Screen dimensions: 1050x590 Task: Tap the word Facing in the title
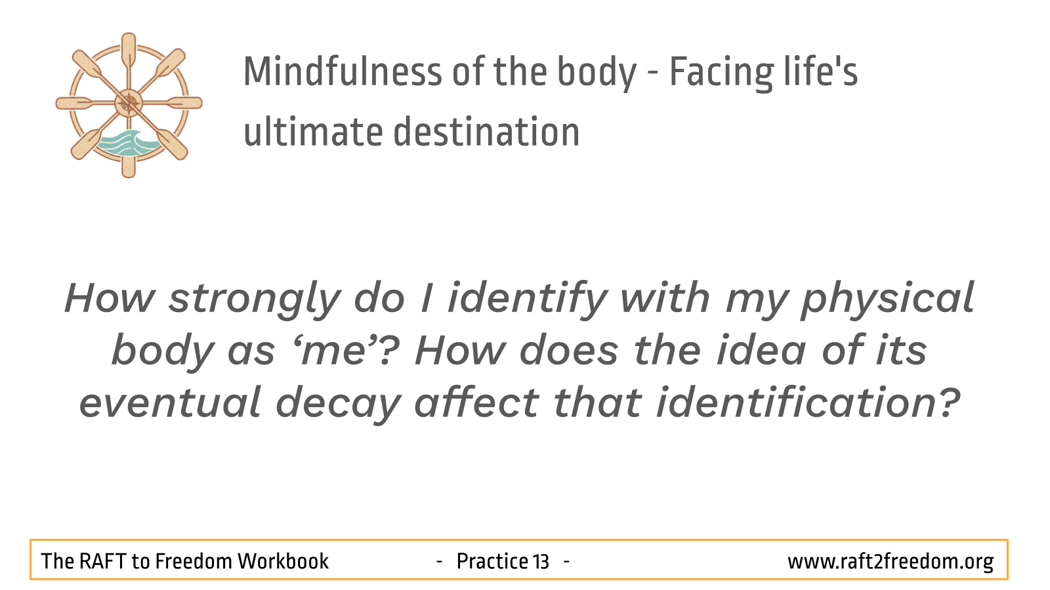[721, 74]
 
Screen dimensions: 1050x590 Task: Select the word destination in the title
[486, 131]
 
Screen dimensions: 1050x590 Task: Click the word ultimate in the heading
[313, 131]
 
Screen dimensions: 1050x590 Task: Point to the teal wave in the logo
[127, 143]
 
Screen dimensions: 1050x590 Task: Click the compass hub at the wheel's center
[129, 103]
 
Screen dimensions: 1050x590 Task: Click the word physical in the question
[888, 300]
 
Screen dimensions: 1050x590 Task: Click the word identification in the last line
[808, 403]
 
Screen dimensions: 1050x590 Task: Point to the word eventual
[170, 403]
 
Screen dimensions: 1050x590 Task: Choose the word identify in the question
[528, 300]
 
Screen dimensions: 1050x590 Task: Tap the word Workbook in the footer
[283, 561]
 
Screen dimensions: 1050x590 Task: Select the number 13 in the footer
[541, 561]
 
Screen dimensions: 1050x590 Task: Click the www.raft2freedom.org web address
[890, 562]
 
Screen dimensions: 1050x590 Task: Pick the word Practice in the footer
[492, 561]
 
